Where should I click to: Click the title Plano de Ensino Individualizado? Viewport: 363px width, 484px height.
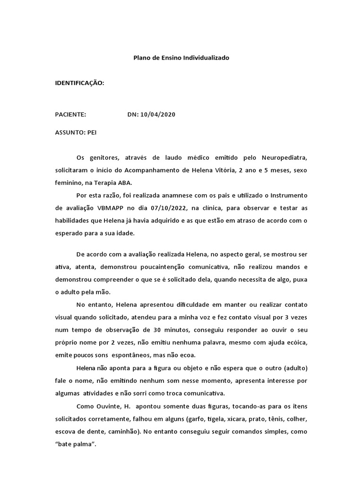[x=181, y=58]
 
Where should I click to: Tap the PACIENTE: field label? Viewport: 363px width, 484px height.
[x=70, y=114]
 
